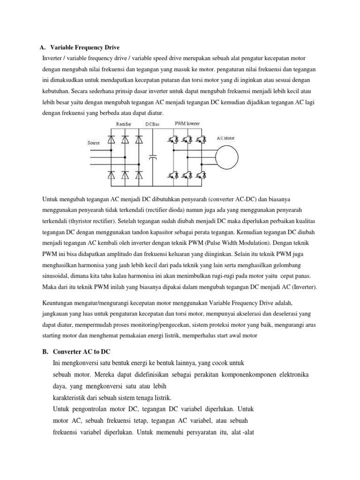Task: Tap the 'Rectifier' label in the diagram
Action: [124, 124]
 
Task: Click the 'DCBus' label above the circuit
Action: [152, 124]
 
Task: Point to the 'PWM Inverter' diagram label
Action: [187, 123]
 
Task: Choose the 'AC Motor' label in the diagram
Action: [226, 138]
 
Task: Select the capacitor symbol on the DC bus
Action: [152, 157]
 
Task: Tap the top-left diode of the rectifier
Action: [112, 139]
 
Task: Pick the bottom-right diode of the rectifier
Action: [139, 175]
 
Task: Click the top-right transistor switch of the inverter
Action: [202, 139]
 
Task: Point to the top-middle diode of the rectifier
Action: [125, 139]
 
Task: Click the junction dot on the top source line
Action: [112, 150]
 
